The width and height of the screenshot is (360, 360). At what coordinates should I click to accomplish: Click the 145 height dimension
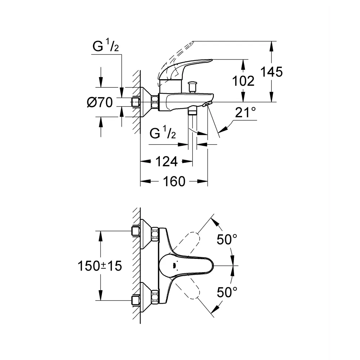tap(271, 72)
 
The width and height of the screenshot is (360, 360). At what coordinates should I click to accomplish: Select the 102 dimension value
tap(243, 81)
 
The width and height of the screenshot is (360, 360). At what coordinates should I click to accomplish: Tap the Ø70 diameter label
tap(100, 102)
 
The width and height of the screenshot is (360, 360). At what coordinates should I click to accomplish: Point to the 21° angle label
tap(245, 112)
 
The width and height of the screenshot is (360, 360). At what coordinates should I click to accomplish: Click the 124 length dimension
tap(167, 161)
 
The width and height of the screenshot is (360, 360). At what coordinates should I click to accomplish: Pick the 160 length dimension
tap(174, 181)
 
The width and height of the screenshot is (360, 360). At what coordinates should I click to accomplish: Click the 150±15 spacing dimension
tap(100, 266)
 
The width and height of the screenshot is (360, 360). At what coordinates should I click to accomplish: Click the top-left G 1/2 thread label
tap(106, 45)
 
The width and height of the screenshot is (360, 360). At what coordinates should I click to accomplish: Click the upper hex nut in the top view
tap(155, 234)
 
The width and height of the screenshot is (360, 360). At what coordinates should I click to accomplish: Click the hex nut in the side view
tap(155, 102)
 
